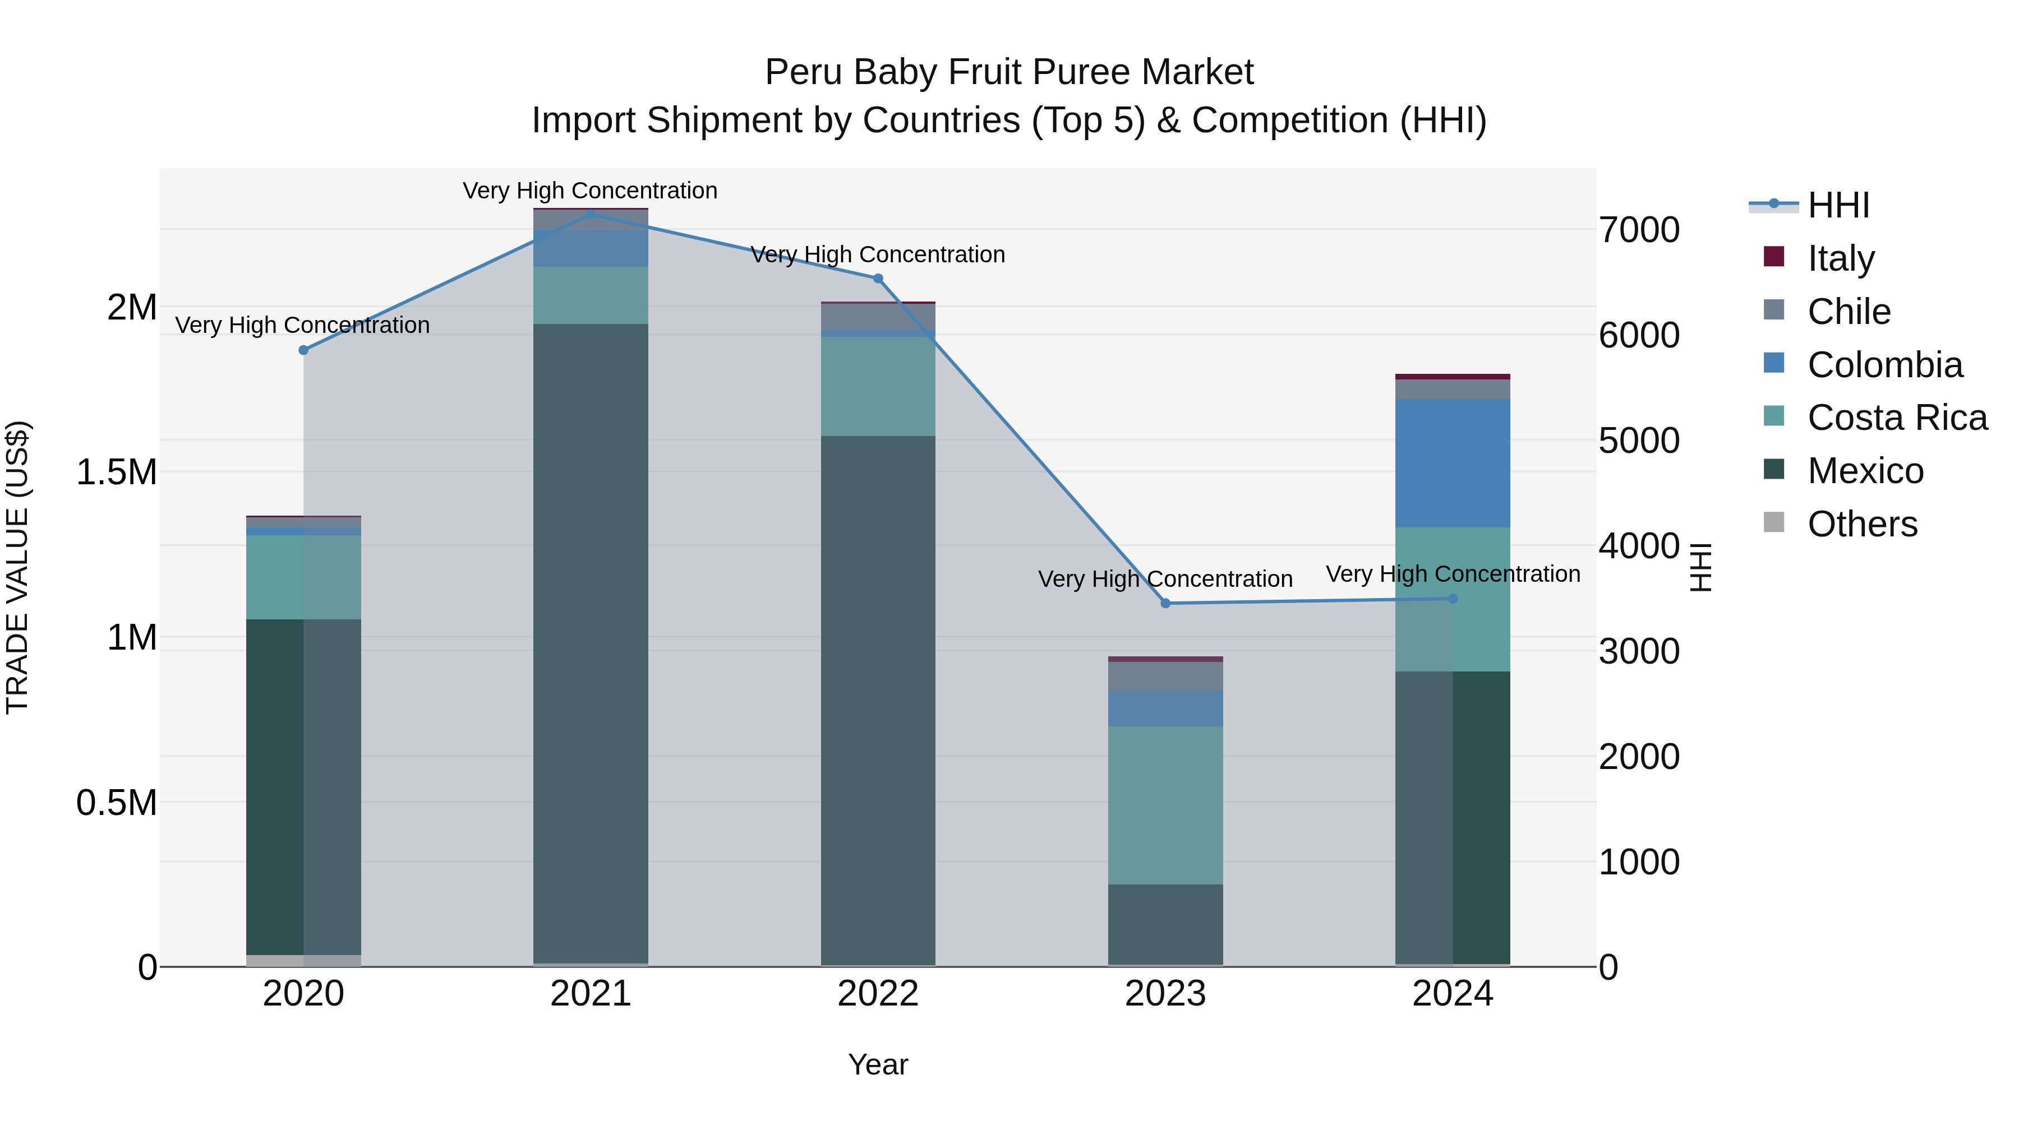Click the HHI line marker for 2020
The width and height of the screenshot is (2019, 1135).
coord(303,350)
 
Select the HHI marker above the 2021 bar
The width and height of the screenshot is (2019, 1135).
coord(591,214)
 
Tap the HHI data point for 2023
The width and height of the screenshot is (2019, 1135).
coord(1165,603)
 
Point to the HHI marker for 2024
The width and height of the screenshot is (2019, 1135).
coord(1453,599)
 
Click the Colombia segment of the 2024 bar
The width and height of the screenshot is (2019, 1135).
coord(1453,463)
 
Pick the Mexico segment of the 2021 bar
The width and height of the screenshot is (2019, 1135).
coord(591,642)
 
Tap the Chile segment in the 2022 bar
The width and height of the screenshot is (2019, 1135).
coord(878,317)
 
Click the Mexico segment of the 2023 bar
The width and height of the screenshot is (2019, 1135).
coord(1165,924)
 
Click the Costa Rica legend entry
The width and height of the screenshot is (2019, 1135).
coord(1897,418)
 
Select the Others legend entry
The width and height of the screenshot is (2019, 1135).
coord(1862,524)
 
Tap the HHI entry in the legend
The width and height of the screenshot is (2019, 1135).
coord(1838,205)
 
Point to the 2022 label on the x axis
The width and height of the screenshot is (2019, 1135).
coord(878,994)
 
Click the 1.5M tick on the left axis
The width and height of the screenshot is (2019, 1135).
coord(116,472)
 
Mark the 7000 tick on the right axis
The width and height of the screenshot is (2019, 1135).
coord(1639,230)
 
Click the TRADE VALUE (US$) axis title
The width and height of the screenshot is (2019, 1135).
coord(17,567)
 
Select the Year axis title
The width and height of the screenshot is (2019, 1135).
coord(878,1064)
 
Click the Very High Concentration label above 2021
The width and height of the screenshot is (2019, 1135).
coord(590,191)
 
